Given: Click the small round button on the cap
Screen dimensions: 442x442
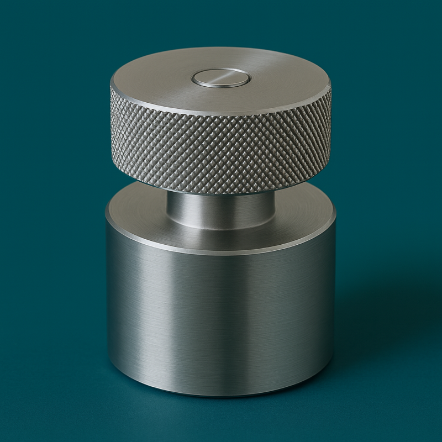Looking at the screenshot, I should point(221,78).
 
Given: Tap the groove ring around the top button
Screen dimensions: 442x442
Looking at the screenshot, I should point(221,86).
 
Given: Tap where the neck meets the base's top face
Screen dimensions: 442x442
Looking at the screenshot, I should point(221,228).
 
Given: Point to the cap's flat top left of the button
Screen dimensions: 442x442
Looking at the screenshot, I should point(155,80).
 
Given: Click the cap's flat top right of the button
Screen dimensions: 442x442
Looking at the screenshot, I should point(287,80).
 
